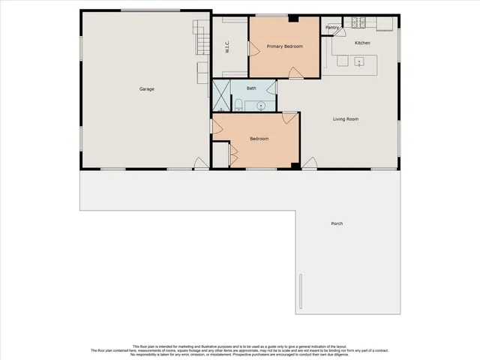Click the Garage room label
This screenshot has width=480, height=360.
coord(146,89)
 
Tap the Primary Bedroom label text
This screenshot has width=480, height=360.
coord(285,46)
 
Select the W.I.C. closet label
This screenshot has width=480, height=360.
coord(226,46)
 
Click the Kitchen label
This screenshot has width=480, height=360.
coord(362,43)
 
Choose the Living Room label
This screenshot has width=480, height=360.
coord(346,118)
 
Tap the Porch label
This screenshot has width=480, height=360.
coord(337,223)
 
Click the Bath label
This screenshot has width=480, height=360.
coord(251,88)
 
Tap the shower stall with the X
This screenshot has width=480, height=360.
coord(221,96)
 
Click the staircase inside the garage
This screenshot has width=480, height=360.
coord(201,37)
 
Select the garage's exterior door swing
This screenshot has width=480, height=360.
coord(200,163)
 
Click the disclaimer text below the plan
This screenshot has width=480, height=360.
coord(240,349)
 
